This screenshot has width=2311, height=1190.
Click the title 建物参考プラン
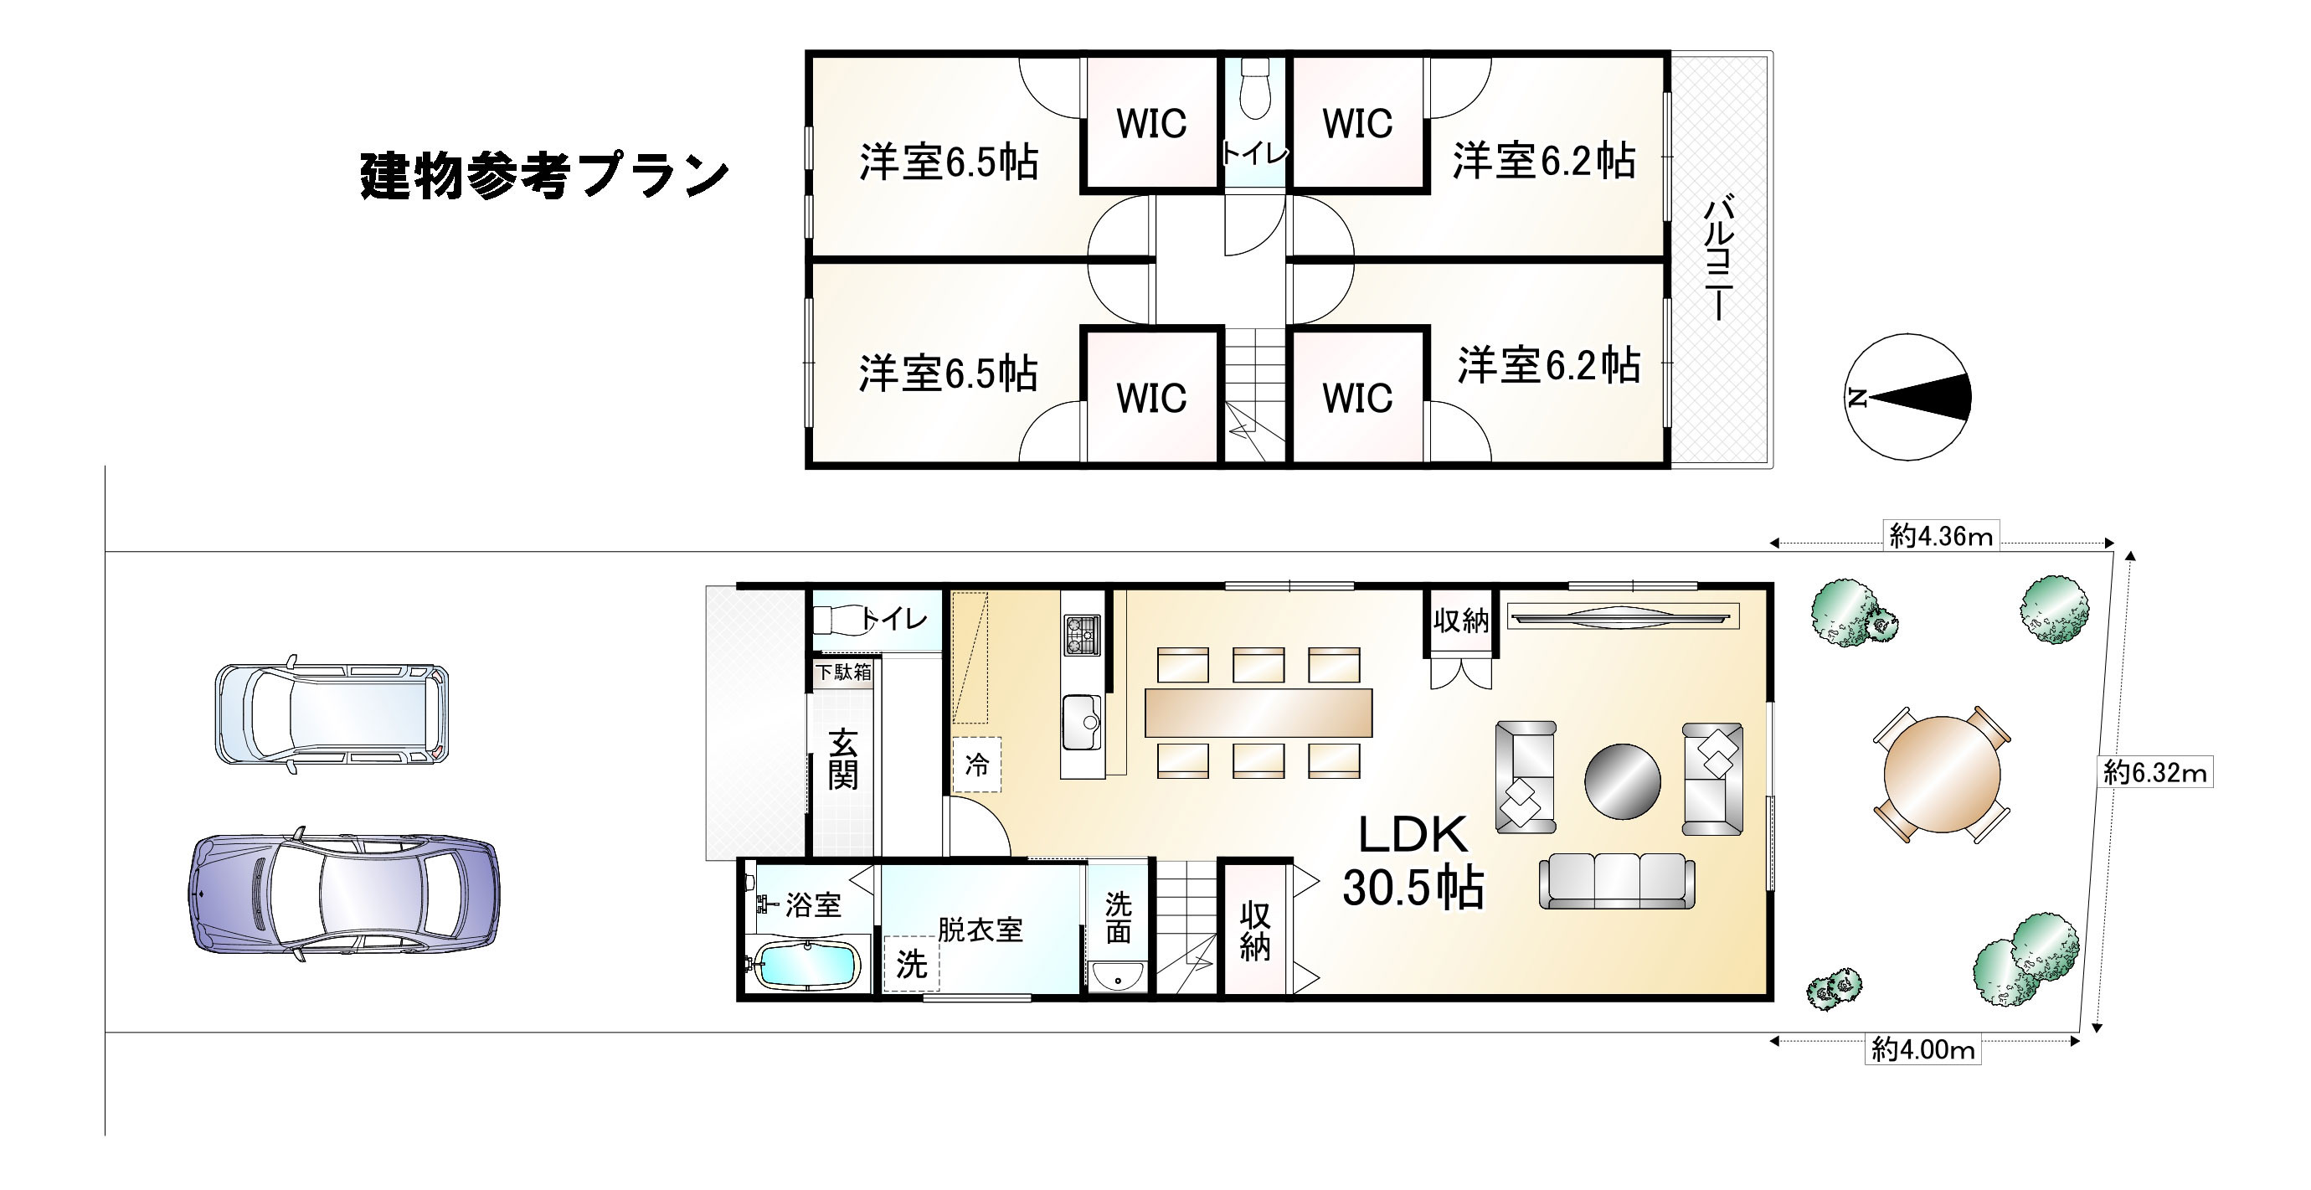[x=543, y=176]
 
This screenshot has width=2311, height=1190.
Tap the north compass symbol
[x=1907, y=398]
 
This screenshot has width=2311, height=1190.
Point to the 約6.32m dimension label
[x=2155, y=773]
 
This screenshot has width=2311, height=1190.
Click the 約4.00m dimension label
[x=1922, y=1049]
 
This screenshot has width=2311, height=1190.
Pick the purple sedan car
[x=344, y=894]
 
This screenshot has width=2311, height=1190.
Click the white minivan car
[x=331, y=714]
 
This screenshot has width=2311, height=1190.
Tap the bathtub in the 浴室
[x=806, y=966]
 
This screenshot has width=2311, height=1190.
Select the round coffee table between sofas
[x=1622, y=781]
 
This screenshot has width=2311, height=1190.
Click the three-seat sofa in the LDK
[x=1617, y=880]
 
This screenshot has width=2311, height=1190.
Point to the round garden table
[x=1942, y=775]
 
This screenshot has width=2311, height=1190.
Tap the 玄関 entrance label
[x=842, y=760]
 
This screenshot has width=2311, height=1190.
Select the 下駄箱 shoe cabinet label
[x=842, y=672]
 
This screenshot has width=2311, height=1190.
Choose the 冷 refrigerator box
[x=976, y=765]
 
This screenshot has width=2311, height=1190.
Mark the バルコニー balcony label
[x=1718, y=258]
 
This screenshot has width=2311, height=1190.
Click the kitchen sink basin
[x=1081, y=723]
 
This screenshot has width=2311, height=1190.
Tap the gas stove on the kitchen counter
[x=1081, y=635]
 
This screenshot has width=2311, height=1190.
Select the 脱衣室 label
[x=980, y=930]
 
